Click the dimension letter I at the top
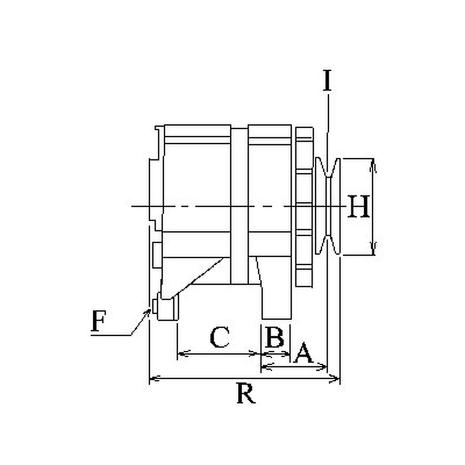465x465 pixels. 327,80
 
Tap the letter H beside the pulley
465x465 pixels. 359,206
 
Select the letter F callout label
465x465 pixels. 98,321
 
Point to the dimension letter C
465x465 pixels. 220,337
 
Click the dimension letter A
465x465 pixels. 303,353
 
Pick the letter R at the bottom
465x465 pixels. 246,394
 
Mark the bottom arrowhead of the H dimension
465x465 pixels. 373,249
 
